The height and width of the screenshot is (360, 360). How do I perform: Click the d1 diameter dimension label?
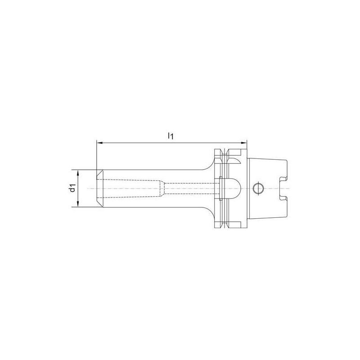coord(72,189)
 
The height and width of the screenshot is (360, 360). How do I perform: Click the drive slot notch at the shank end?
coord(282,188)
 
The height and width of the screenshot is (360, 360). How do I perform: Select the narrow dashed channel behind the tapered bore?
coord(189,188)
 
